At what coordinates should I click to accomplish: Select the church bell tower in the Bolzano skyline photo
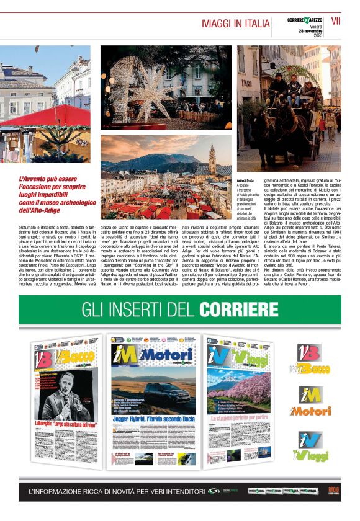[x=212, y=159]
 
